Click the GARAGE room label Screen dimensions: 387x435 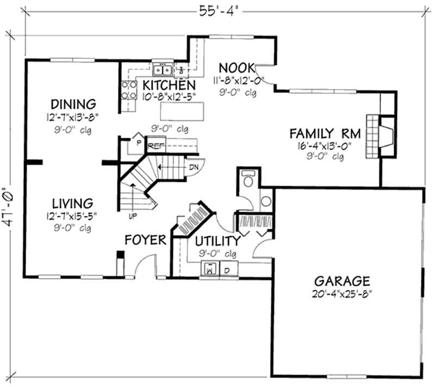(342, 281)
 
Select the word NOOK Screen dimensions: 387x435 (236, 68)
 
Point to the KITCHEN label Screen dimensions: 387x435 (169, 85)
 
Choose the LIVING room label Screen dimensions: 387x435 (72, 204)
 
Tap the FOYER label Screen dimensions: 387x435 (145, 240)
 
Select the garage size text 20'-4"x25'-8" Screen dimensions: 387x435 (342, 294)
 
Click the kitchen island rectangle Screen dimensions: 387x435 (184, 112)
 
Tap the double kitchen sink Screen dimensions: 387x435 (162, 70)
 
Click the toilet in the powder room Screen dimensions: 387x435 (248, 180)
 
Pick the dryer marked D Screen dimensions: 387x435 (228, 269)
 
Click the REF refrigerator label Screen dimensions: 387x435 (156, 146)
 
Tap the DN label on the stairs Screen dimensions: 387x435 (193, 167)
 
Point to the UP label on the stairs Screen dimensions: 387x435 (132, 216)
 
